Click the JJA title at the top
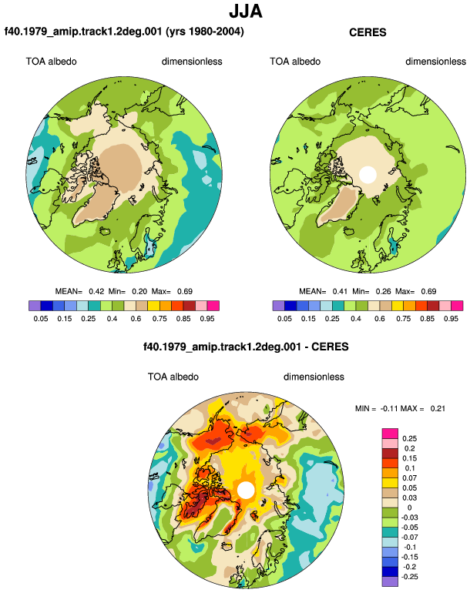(x=246, y=12)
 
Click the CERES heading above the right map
(x=368, y=32)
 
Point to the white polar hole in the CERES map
(x=368, y=175)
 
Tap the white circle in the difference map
(x=246, y=490)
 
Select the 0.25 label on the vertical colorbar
(x=409, y=439)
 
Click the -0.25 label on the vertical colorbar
(x=408, y=577)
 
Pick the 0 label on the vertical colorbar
(x=409, y=508)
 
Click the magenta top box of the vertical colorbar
(x=390, y=434)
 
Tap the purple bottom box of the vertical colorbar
(x=390, y=581)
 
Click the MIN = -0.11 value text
(x=377, y=408)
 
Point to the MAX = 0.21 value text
(x=423, y=408)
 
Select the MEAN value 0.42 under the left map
(x=96, y=292)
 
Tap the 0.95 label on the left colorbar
(x=207, y=318)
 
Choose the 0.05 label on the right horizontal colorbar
(x=284, y=318)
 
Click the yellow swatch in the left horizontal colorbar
(x=153, y=306)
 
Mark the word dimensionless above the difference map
(x=314, y=377)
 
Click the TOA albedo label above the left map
(x=51, y=62)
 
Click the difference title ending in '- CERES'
(x=246, y=347)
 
